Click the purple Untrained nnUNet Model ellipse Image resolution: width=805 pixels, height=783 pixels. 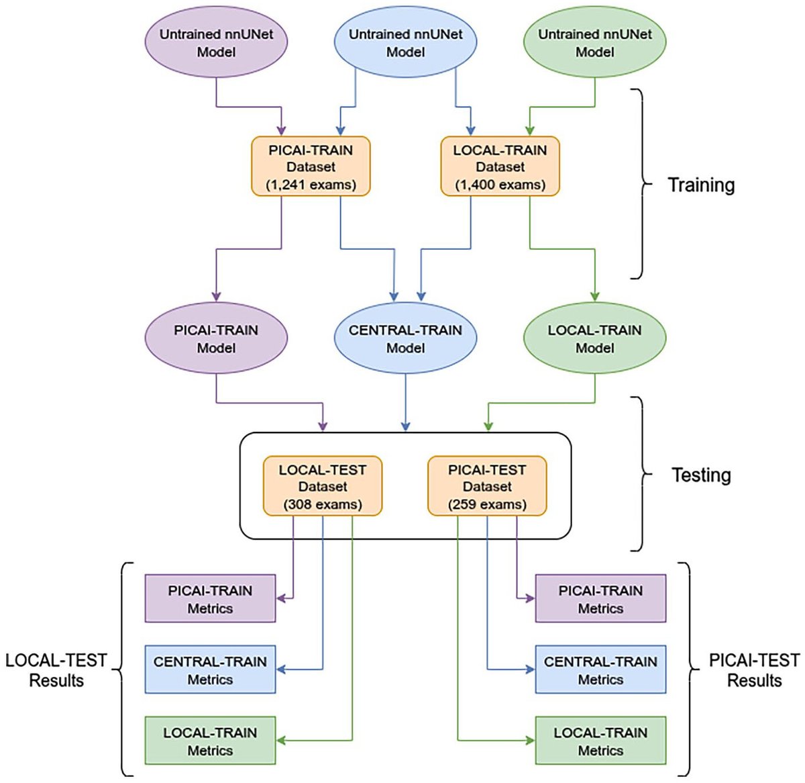coord(216,42)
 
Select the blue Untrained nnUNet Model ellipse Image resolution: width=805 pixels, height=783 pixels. coord(405,42)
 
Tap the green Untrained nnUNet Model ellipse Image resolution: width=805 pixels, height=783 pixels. coord(594,42)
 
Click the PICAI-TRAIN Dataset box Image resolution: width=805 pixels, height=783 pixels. coord(311,167)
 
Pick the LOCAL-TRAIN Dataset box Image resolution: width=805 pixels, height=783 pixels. coord(500,167)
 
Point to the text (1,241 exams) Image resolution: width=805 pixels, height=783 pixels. coord(311,185)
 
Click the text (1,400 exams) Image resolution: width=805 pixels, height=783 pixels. coord(500,185)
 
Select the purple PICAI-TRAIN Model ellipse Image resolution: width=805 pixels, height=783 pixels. coord(216,338)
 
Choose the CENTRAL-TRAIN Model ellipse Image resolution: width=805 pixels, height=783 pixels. coord(405,338)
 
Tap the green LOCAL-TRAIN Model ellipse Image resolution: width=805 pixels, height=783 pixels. coord(594,338)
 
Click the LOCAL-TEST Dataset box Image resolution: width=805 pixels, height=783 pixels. coord(323,486)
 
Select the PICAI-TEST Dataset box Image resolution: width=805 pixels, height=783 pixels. coord(487,486)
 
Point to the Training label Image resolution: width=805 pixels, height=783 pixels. coord(701,185)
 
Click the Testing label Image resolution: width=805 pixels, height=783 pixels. coord(701,475)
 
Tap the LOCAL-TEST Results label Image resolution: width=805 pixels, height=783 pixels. coord(56,670)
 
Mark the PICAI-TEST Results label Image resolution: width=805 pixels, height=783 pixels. coord(754,670)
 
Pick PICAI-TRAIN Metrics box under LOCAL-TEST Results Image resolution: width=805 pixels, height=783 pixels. coord(210,599)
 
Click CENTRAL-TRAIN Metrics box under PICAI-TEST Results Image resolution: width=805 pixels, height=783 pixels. coord(600,670)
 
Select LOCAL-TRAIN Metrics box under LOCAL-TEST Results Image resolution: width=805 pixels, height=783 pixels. coord(210,741)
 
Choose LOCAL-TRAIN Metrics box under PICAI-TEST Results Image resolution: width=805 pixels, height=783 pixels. coord(600,741)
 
